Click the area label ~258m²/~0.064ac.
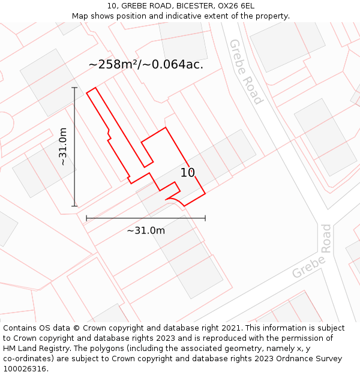tap(146, 64)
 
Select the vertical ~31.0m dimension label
tap(64, 146)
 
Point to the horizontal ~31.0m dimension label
tap(146, 230)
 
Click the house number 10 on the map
tap(188, 173)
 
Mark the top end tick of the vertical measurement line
tap(75, 88)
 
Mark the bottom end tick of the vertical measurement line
tap(75, 206)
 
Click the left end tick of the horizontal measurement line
tap(86, 218)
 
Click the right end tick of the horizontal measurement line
tap(205, 218)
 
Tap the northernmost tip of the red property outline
tap(95, 88)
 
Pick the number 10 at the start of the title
tap(112, 5)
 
